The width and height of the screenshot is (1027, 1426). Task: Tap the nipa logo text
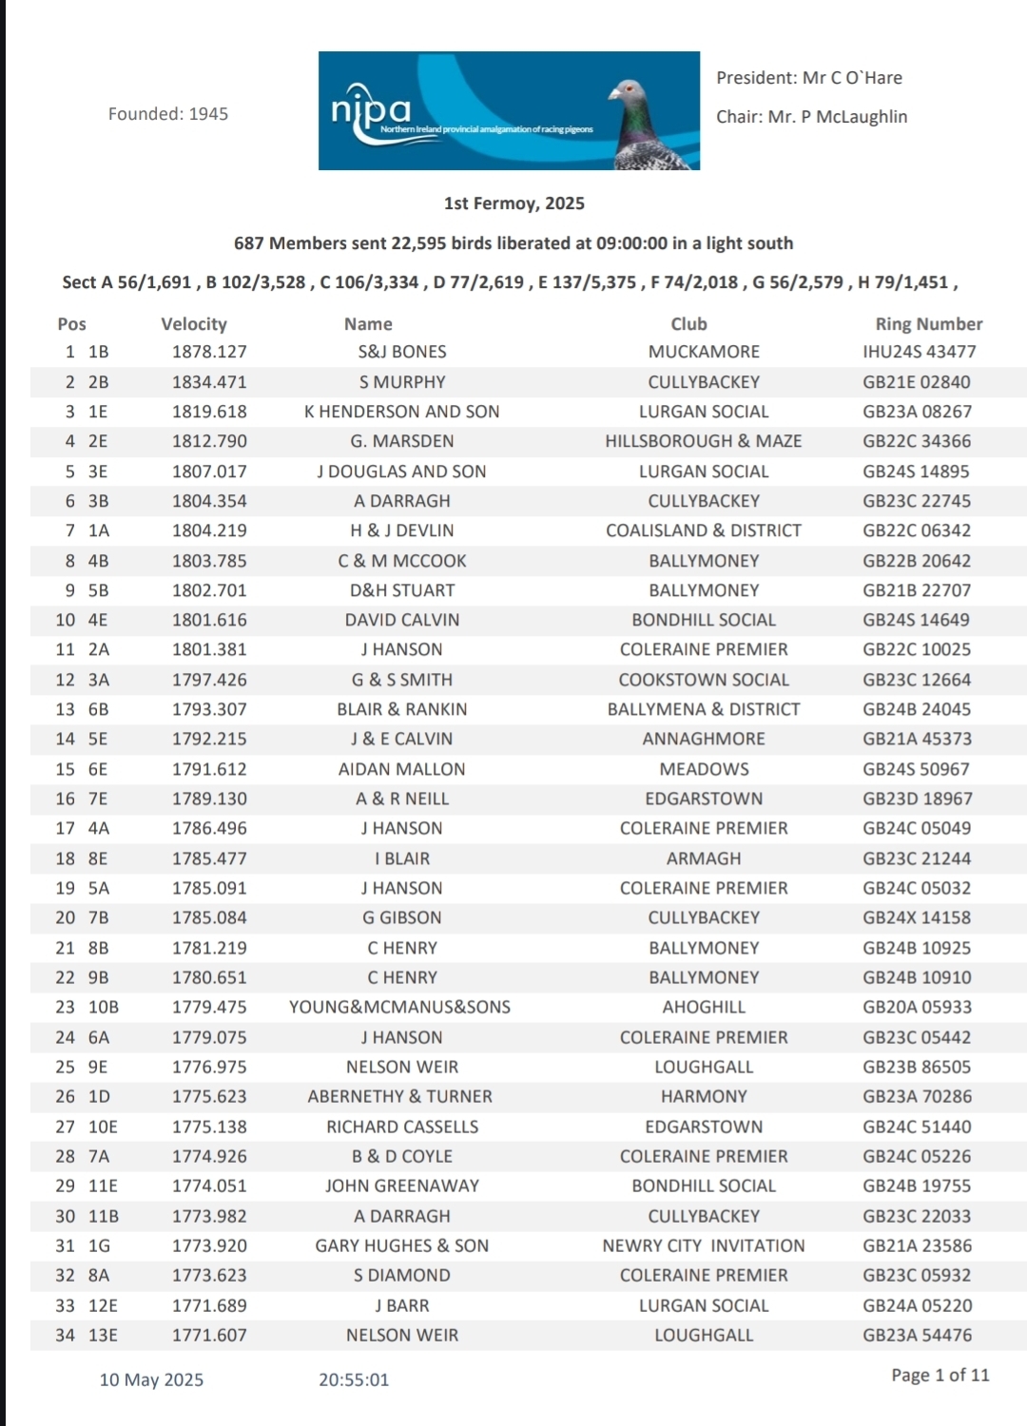tap(371, 111)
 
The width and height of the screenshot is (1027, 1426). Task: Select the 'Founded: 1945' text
tap(168, 114)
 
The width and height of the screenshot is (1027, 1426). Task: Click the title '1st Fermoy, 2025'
tap(513, 203)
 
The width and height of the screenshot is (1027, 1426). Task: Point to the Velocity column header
tap(194, 324)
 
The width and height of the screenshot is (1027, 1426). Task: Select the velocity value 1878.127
tap(209, 352)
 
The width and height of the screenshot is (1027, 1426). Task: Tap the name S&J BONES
tap(402, 352)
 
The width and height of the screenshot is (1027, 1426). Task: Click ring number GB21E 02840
tap(917, 382)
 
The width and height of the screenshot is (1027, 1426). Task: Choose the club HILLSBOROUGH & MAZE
tap(704, 441)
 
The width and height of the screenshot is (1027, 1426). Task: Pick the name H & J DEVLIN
tap(402, 530)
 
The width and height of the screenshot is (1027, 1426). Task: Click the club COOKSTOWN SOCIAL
tap(704, 680)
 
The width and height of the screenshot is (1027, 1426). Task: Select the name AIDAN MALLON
tap(402, 769)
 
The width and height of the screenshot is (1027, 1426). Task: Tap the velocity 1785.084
tap(209, 917)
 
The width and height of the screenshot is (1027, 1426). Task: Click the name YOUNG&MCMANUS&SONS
tap(400, 1007)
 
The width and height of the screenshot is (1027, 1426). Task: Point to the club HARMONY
tap(704, 1096)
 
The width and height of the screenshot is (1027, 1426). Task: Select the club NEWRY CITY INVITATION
tap(704, 1245)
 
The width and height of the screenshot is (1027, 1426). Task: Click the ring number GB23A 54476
tap(917, 1335)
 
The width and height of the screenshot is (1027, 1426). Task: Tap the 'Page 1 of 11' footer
tap(940, 1375)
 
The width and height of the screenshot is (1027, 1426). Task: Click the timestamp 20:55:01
tap(354, 1379)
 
